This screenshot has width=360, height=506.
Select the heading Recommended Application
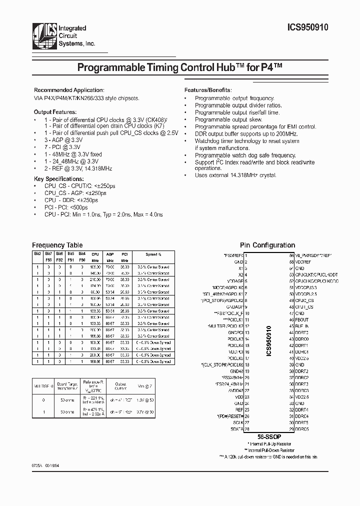(69, 89)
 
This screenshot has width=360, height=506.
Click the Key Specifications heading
(58, 178)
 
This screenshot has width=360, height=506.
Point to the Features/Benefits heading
(207, 89)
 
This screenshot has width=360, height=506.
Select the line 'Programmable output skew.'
(228, 120)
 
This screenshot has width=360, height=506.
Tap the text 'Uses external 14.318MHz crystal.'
(235, 175)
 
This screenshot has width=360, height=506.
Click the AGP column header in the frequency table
(109, 254)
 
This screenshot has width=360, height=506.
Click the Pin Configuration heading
(267, 245)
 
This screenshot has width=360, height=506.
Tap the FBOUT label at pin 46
(302, 319)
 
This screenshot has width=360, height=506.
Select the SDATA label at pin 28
(237, 428)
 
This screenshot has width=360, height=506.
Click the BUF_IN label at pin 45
(302, 326)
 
